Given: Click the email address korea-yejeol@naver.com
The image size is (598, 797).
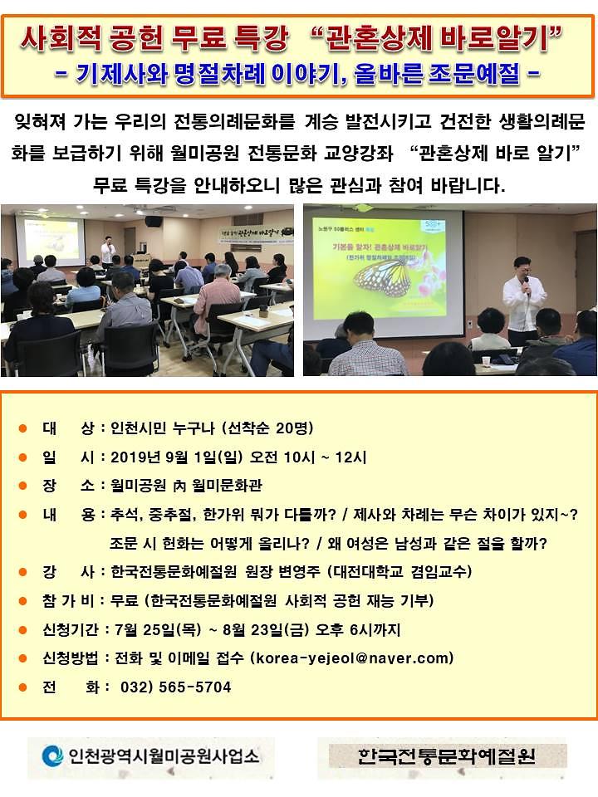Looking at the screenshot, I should point(352,658).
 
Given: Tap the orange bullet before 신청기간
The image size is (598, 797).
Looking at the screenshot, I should point(23,629).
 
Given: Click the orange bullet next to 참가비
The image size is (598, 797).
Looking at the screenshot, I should point(23,601).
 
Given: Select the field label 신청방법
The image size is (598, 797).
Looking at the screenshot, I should point(68,658).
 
